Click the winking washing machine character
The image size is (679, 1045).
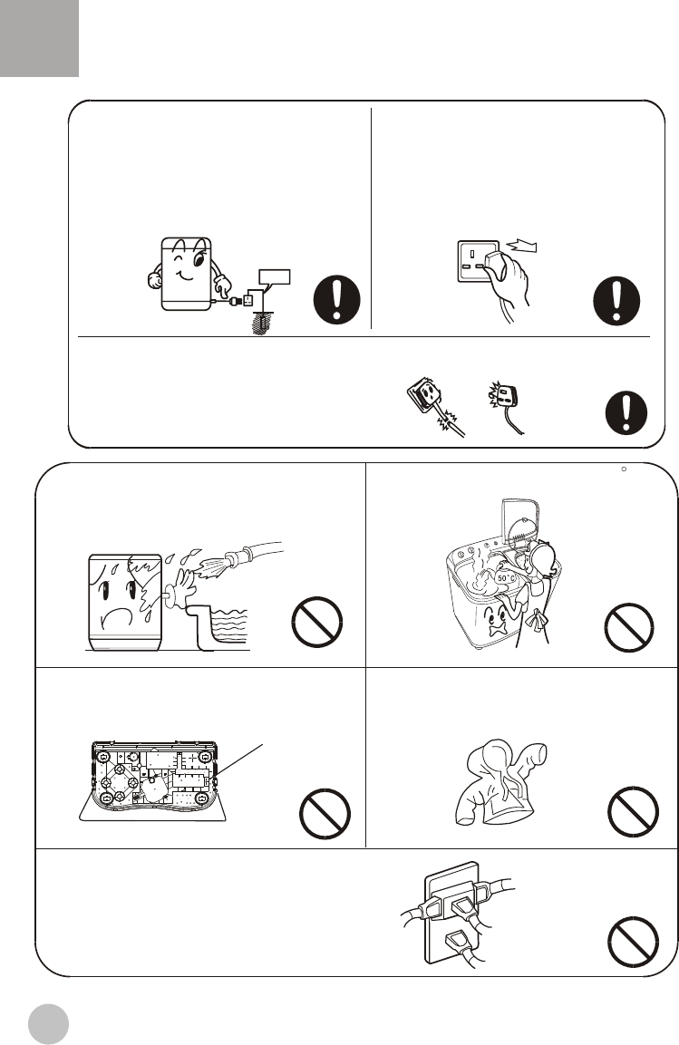pyautogui.click(x=188, y=274)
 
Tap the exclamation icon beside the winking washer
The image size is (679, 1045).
pyautogui.click(x=337, y=300)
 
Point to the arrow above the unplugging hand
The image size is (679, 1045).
pyautogui.click(x=522, y=247)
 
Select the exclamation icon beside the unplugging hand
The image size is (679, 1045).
pyautogui.click(x=616, y=301)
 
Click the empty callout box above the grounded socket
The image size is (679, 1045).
pyautogui.click(x=274, y=276)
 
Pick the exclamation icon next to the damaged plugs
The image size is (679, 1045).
pyautogui.click(x=626, y=412)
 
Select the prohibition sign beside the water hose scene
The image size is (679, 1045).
pyautogui.click(x=317, y=622)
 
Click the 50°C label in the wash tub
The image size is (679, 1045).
pyautogui.click(x=507, y=578)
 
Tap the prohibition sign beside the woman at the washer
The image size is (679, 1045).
pyautogui.click(x=629, y=627)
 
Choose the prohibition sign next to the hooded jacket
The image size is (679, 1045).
pyautogui.click(x=633, y=811)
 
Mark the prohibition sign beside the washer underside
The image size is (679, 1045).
pyautogui.click(x=325, y=814)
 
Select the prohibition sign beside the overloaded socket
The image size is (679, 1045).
pyautogui.click(x=633, y=942)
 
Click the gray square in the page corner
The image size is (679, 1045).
pyautogui.click(x=39, y=38)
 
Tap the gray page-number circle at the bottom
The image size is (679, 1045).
pyautogui.click(x=49, y=1024)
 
